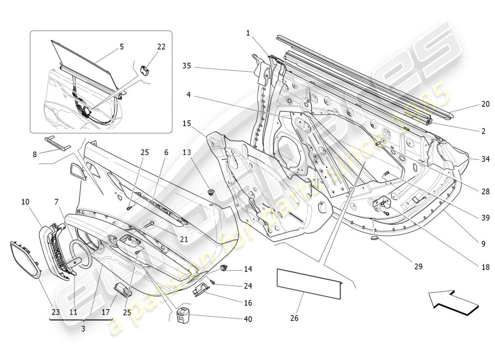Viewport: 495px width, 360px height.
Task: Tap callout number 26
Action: tap(294, 319)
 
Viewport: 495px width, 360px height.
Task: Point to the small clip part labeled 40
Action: tap(183, 312)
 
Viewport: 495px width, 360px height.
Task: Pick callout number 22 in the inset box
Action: tap(161, 47)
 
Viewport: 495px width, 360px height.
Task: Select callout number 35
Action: tap(186, 66)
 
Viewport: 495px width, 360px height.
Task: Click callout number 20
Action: tap(485, 104)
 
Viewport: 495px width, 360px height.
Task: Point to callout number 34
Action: tap(485, 159)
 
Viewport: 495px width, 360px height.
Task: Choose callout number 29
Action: tap(418, 267)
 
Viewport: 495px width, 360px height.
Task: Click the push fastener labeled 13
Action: tap(210, 193)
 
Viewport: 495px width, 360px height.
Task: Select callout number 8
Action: tap(35, 154)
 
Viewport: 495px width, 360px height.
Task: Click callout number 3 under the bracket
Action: tap(82, 329)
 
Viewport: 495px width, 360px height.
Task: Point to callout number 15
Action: tap(186, 123)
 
